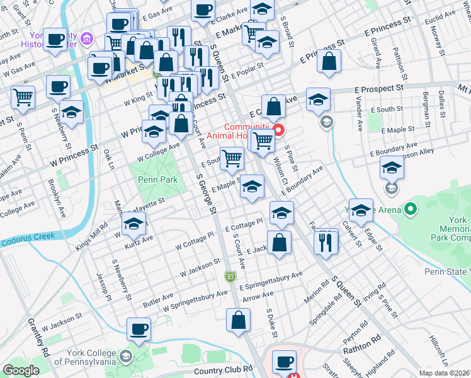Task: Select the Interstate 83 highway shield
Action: tap(231, 276)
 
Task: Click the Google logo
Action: tap(21, 370)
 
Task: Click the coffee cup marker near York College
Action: tap(139, 329)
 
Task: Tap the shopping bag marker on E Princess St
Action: tap(329, 62)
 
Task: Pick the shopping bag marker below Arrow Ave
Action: tap(239, 320)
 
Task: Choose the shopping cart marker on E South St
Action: tap(232, 158)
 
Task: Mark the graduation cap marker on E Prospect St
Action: tap(318, 100)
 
